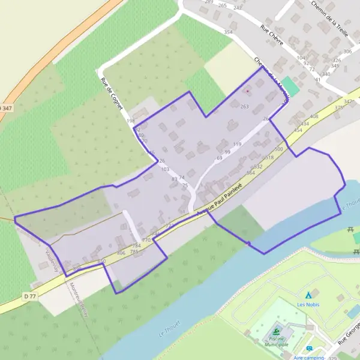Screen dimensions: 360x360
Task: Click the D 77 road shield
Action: tap(30, 296)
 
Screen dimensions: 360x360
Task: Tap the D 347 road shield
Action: tap(5, 107)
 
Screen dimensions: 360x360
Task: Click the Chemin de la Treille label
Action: tap(329, 19)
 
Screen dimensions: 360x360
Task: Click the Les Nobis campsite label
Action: tap(308, 304)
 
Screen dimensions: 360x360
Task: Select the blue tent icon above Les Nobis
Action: tap(309, 295)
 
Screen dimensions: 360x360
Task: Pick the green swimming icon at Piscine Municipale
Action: tap(276, 331)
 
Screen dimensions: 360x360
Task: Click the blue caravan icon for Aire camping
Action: tap(310, 349)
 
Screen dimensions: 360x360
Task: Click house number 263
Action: tap(244, 106)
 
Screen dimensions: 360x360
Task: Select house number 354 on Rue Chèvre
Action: tap(228, 32)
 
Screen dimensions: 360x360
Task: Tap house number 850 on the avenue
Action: tap(101, 262)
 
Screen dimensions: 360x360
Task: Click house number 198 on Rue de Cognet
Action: tap(131, 121)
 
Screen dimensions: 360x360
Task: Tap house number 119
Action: tap(237, 145)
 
